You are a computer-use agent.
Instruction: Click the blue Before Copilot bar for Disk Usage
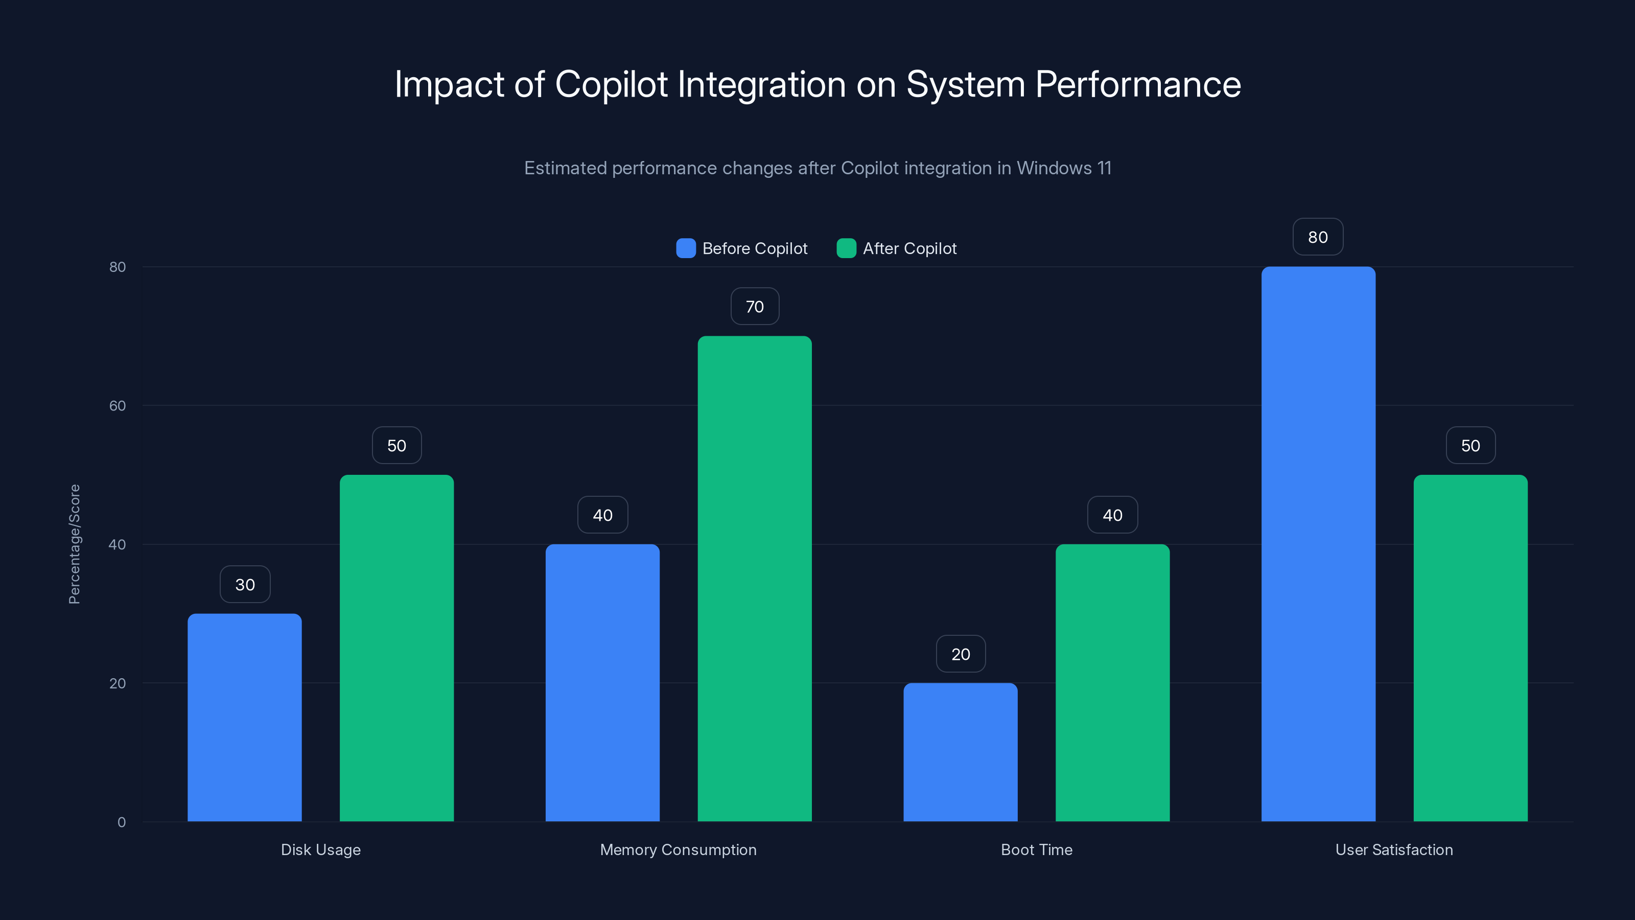244,718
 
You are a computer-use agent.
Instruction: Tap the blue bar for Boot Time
961,752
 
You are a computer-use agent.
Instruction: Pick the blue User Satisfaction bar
1318,543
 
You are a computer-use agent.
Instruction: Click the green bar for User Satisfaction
1470,648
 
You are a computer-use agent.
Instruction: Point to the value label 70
754,307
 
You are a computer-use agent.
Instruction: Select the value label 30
245,585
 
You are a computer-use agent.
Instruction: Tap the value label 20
961,654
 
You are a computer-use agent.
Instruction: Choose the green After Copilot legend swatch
846,248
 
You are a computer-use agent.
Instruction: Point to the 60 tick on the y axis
118,406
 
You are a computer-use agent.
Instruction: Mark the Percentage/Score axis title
74,544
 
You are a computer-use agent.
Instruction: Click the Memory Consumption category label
678,849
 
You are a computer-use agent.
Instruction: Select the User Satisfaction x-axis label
1394,849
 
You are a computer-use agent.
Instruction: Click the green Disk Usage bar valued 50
396,648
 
